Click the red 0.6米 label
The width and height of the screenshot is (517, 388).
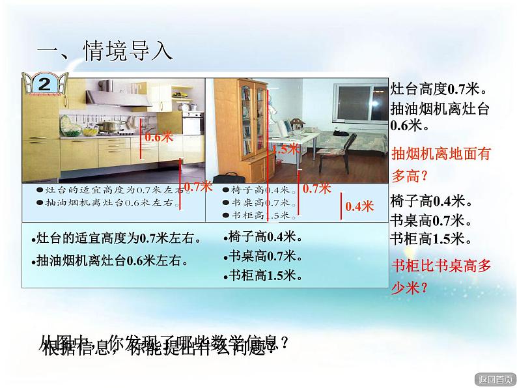158,137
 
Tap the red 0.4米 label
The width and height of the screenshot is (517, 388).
359,206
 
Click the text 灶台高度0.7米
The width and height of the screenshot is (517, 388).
439,88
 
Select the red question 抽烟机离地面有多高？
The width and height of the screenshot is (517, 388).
441,165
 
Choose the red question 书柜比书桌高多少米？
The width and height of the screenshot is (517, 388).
441,276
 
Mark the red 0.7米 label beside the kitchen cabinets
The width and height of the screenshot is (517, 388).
198,186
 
